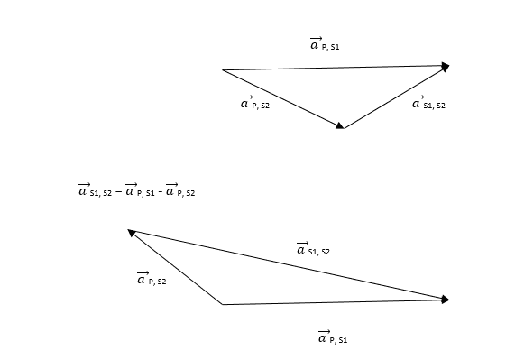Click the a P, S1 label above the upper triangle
(x=325, y=44)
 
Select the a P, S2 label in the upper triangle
(x=255, y=103)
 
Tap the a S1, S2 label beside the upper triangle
(x=428, y=103)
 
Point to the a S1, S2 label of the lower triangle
(x=313, y=249)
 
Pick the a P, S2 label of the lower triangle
(x=152, y=279)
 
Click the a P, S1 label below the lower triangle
(x=333, y=337)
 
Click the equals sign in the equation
(x=118, y=191)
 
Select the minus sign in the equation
(x=160, y=191)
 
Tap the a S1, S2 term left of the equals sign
(x=95, y=189)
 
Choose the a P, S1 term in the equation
(x=140, y=189)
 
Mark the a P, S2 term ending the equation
(x=180, y=189)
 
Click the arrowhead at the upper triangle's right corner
(x=446, y=67)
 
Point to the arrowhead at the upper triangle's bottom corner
(x=340, y=125)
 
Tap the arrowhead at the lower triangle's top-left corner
(x=132, y=233)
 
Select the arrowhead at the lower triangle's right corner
(x=446, y=300)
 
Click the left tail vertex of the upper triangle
(x=223, y=70)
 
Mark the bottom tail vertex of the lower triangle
(x=223, y=304)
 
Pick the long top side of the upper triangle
(x=336, y=68)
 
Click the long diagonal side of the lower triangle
(x=289, y=264)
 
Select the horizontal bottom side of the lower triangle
(x=336, y=302)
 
